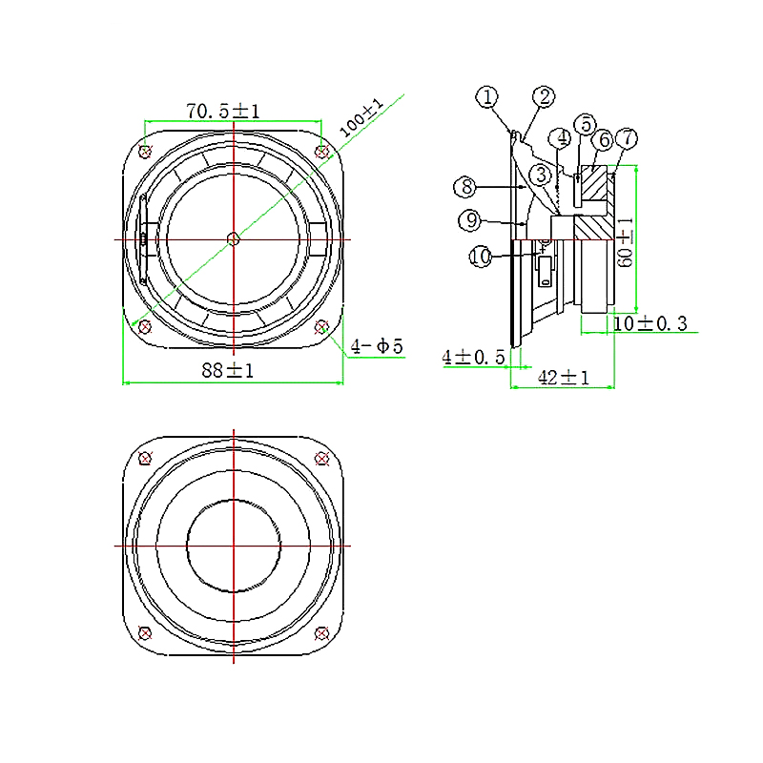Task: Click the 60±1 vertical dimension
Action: [625, 242]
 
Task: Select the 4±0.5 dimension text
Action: [473, 357]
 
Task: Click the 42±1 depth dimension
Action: [564, 378]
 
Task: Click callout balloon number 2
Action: [544, 96]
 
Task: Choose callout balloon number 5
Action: [586, 125]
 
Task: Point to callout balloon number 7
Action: [625, 137]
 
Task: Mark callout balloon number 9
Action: [468, 220]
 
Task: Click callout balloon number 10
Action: [481, 256]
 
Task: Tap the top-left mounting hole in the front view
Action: [145, 151]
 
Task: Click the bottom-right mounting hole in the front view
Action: [322, 326]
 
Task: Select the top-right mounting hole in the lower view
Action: [322, 458]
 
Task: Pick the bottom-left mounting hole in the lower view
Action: [145, 632]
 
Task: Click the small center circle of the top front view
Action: [234, 237]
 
